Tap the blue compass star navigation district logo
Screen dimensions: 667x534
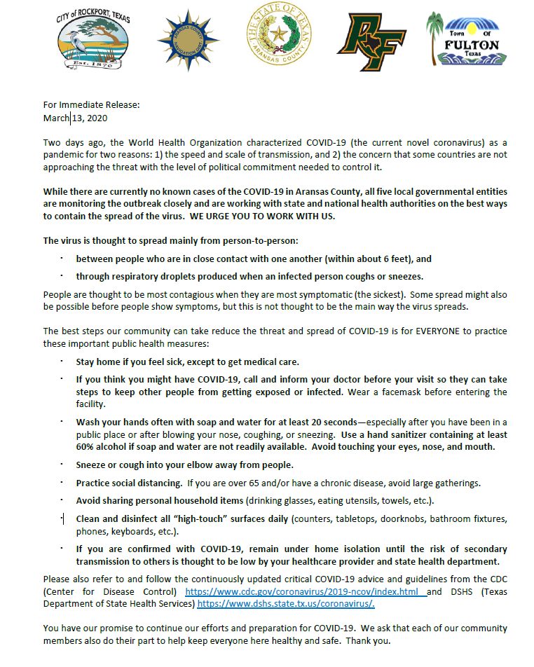(x=188, y=40)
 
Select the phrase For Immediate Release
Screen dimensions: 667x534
(x=92, y=105)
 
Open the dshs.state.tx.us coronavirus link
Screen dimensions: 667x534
(x=286, y=603)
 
